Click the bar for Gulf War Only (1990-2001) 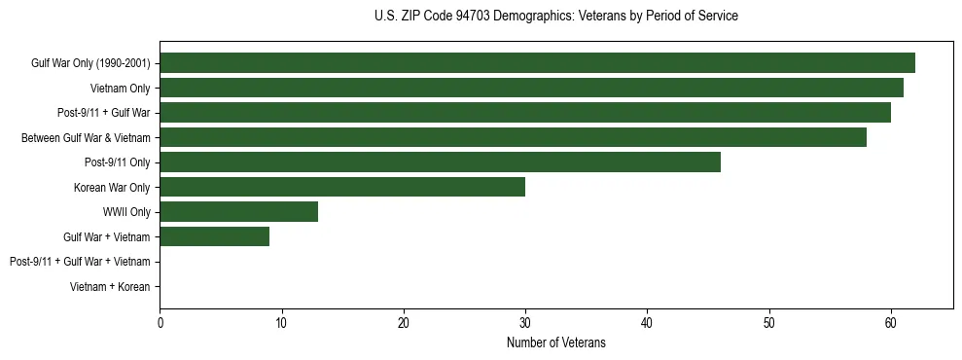pyautogui.click(x=537, y=63)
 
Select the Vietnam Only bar pyautogui.click(x=531, y=88)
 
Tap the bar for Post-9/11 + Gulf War pyautogui.click(x=525, y=113)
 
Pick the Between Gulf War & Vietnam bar pyautogui.click(x=513, y=137)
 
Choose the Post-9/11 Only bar pyautogui.click(x=440, y=162)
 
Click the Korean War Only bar pyautogui.click(x=342, y=187)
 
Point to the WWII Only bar pyautogui.click(x=238, y=211)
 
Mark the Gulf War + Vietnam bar pyautogui.click(x=214, y=236)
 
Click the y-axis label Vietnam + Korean pyautogui.click(x=110, y=286)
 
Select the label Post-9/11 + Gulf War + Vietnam pyautogui.click(x=80, y=262)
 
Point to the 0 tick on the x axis pyautogui.click(x=160, y=323)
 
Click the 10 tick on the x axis pyautogui.click(x=281, y=323)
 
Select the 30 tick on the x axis pyautogui.click(x=525, y=323)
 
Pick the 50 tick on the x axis pyautogui.click(x=768, y=323)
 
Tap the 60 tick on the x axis pyautogui.click(x=890, y=323)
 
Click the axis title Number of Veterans pyautogui.click(x=555, y=342)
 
